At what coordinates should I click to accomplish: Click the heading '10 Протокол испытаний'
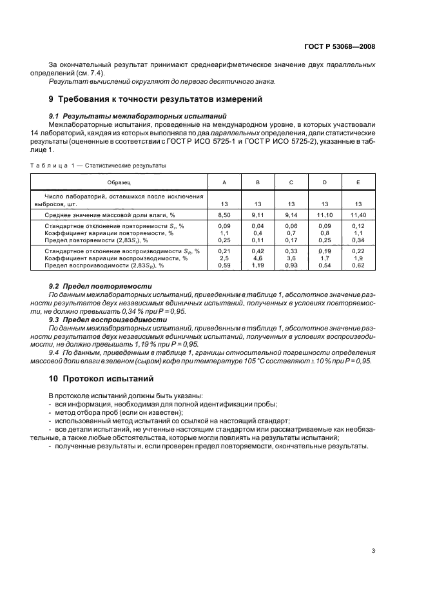(x=101, y=379)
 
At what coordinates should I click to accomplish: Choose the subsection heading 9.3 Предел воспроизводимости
(x=108, y=319)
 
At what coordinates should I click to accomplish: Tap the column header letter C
(x=291, y=183)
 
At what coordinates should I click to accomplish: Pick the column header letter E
(x=358, y=183)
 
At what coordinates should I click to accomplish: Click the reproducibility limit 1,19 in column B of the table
(x=258, y=265)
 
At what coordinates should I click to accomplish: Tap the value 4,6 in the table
(x=258, y=258)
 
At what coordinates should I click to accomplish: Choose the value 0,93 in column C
(x=291, y=265)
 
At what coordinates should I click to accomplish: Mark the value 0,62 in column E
(x=358, y=265)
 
